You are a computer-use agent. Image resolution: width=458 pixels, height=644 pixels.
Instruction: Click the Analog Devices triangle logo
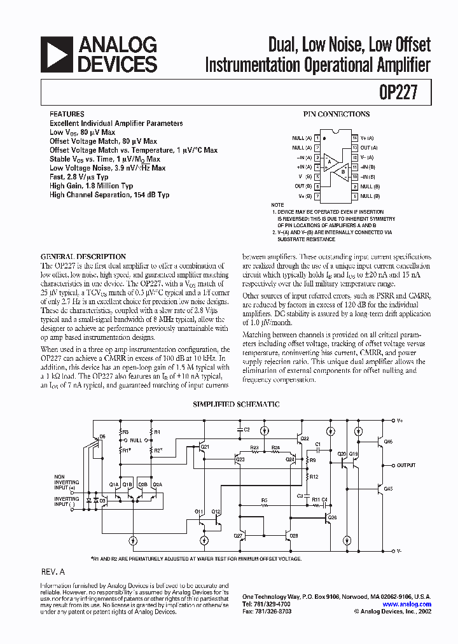pyautogui.click(x=56, y=54)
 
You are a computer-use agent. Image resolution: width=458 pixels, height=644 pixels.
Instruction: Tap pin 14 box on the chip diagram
pyautogui.click(x=354, y=138)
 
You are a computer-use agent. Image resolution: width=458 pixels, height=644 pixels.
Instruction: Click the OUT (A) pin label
pyautogui.click(x=368, y=148)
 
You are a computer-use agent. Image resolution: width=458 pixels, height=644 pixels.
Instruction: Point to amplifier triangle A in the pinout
pyautogui.click(x=329, y=162)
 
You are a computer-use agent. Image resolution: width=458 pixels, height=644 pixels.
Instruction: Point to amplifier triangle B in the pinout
pyautogui.click(x=342, y=171)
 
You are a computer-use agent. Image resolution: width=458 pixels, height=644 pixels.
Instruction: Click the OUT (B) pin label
pyautogui.click(x=303, y=186)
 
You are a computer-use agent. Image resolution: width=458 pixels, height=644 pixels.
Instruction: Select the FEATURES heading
pyautogui.click(x=66, y=115)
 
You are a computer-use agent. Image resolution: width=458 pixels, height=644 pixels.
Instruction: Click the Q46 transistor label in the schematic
pyautogui.click(x=389, y=442)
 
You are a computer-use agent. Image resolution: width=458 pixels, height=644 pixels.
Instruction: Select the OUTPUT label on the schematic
pyautogui.click(x=405, y=465)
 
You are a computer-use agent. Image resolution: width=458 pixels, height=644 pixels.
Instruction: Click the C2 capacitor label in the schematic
pyautogui.click(x=247, y=430)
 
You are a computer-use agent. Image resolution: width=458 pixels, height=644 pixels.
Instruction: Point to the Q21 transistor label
pyautogui.click(x=205, y=447)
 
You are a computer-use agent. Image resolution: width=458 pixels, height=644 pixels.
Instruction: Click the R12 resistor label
pyautogui.click(x=314, y=476)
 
